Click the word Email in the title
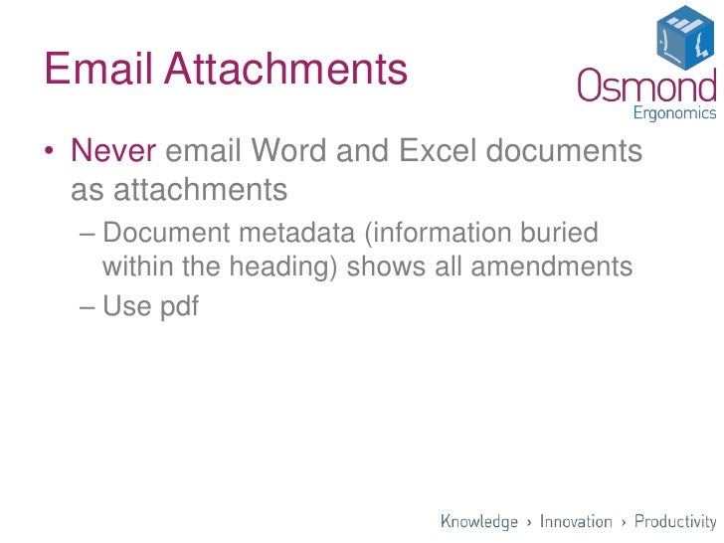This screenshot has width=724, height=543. [97, 71]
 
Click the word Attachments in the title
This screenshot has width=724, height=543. [285, 71]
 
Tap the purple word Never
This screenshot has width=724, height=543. [113, 152]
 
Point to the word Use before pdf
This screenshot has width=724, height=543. [126, 306]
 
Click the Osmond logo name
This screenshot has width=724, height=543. [646, 86]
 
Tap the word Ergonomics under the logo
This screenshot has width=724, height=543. [673, 112]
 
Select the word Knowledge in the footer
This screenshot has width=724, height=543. [479, 521]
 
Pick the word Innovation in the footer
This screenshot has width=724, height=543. [576, 521]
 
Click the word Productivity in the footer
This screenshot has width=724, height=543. [675, 521]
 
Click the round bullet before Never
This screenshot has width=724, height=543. [48, 153]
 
